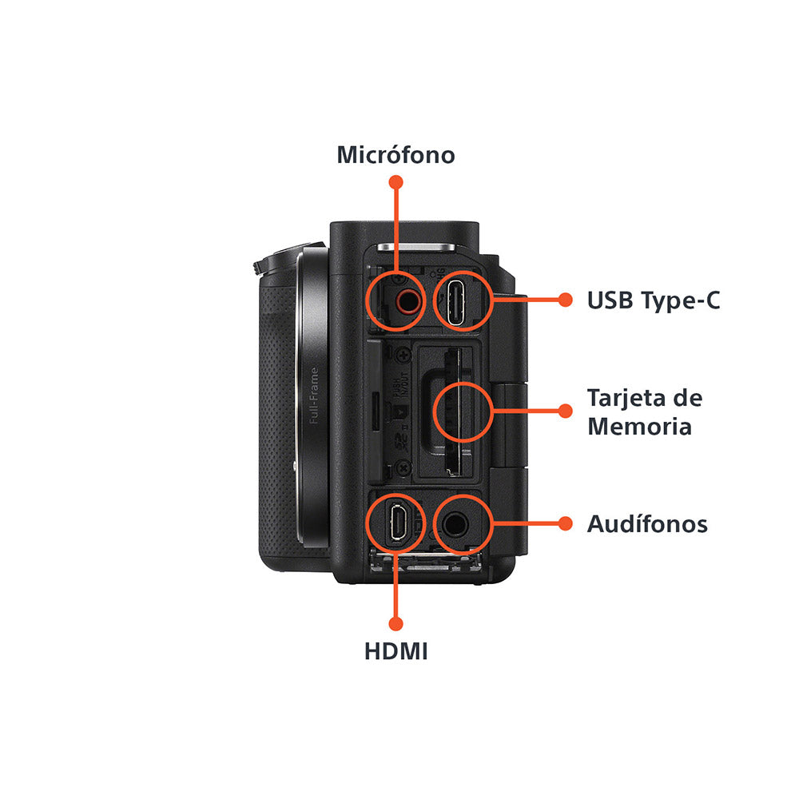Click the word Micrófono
pos(396,154)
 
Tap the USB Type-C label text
pos(654,300)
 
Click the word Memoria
pos(639,426)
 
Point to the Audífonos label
pos(647,524)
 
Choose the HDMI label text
pos(396,651)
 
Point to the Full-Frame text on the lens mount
pos(314,396)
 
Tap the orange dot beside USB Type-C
pos(566,300)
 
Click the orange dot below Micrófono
pos(396,182)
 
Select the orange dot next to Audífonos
pos(566,524)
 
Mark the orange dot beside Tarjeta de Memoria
pos(566,411)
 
